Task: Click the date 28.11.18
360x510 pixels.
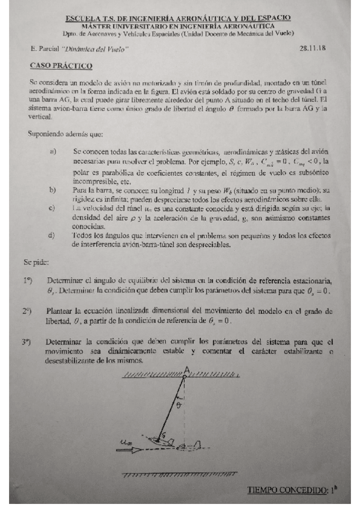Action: coord(312,48)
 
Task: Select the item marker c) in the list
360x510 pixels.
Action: coord(53,207)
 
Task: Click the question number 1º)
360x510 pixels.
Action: coord(26,280)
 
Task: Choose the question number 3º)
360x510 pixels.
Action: coord(26,342)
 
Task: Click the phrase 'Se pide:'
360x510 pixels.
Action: coord(36,262)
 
